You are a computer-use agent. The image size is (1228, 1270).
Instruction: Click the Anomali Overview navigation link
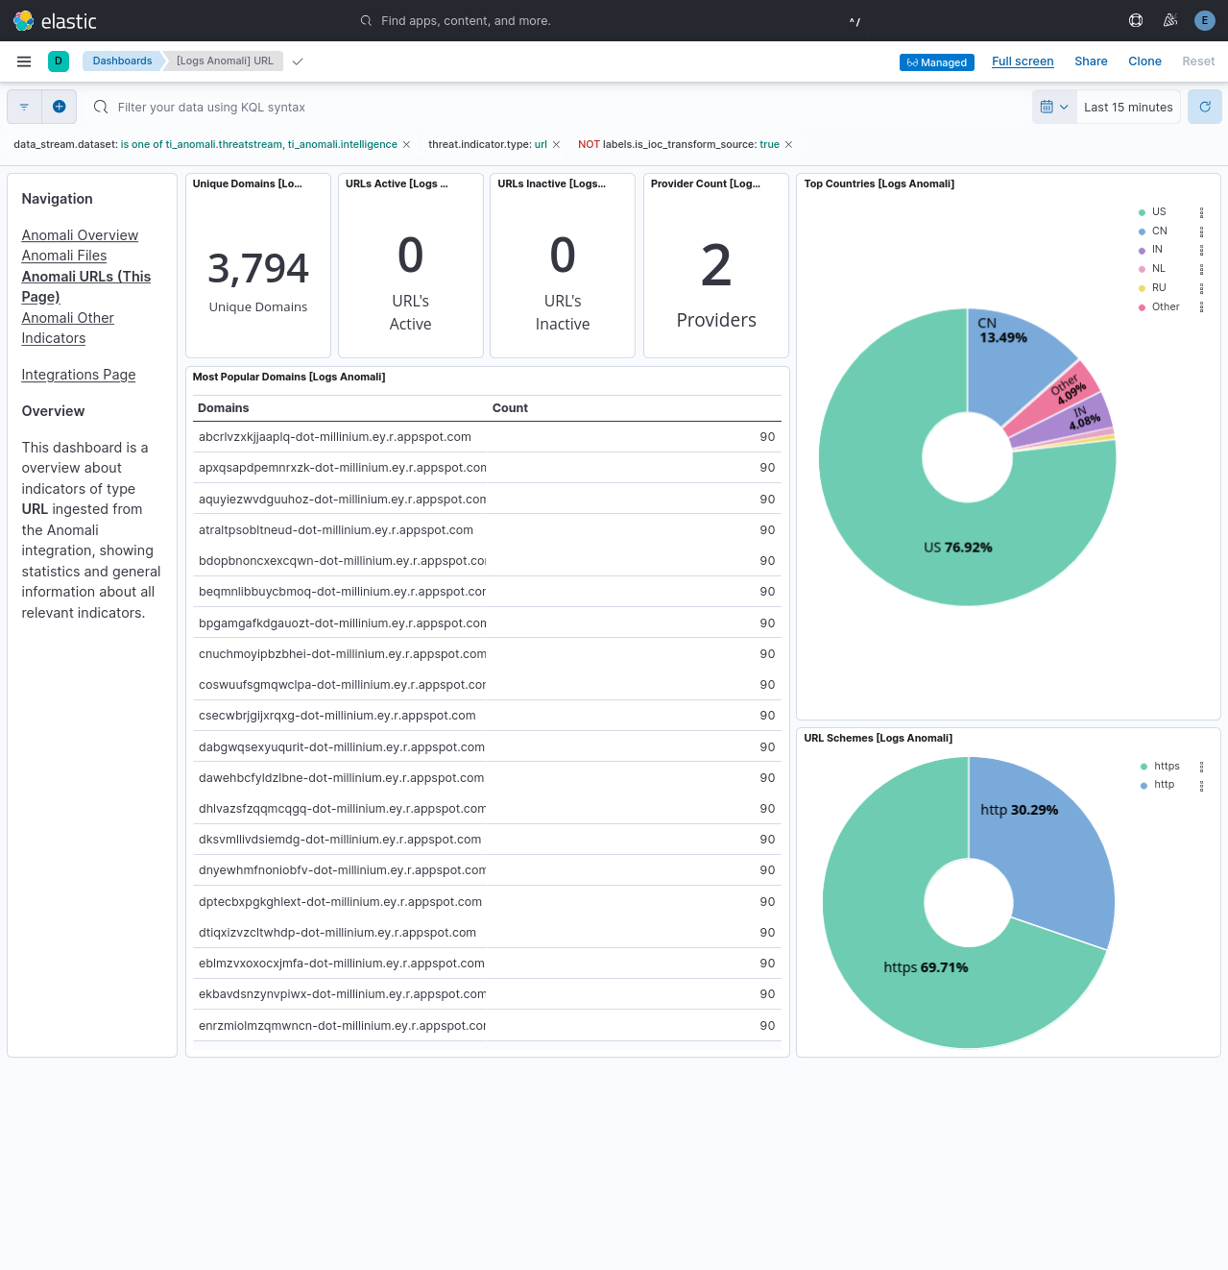point(80,235)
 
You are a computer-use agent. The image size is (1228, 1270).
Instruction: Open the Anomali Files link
point(64,256)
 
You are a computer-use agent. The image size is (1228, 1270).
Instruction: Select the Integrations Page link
point(79,375)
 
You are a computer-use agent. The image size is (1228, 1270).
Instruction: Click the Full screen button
point(1023,61)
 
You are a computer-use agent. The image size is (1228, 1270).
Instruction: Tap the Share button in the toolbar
point(1091,61)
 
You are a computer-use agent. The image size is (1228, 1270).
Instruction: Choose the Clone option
point(1144,61)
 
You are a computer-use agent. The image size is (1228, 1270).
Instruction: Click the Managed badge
point(936,62)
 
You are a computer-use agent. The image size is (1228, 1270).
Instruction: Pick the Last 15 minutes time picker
point(1128,108)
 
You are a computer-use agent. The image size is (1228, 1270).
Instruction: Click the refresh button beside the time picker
point(1205,107)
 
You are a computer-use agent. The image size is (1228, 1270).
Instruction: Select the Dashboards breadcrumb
point(122,61)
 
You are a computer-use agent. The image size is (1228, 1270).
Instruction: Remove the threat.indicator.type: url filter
point(556,145)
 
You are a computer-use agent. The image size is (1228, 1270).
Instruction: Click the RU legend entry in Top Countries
point(1159,288)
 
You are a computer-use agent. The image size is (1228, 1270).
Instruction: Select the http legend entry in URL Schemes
point(1164,785)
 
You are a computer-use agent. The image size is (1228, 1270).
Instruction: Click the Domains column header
point(224,408)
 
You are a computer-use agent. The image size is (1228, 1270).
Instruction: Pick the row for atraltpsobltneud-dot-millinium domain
point(336,530)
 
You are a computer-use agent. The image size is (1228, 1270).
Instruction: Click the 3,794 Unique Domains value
point(258,269)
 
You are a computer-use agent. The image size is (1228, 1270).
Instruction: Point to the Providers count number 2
point(716,266)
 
